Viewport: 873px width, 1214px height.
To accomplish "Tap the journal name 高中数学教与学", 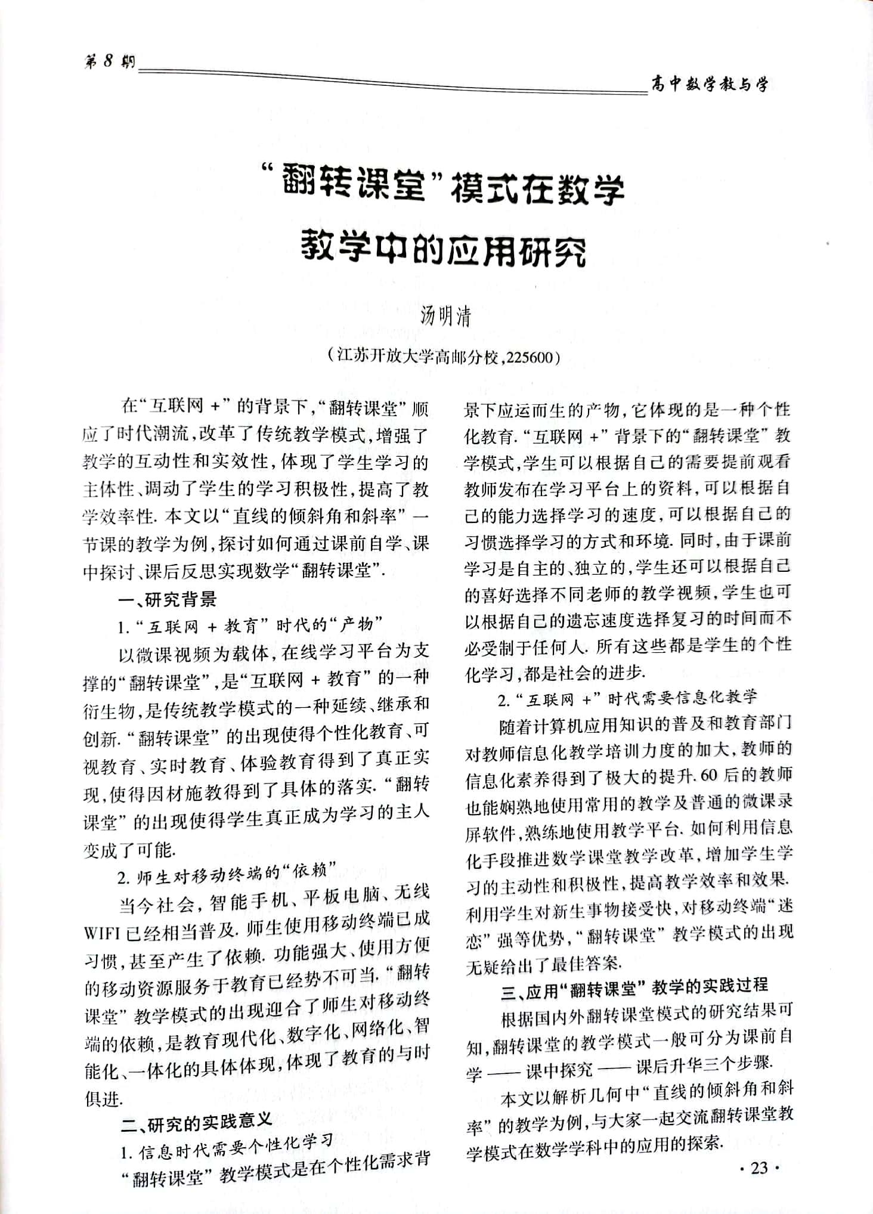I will tap(710, 85).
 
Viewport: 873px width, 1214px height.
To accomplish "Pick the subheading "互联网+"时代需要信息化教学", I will tap(627, 698).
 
